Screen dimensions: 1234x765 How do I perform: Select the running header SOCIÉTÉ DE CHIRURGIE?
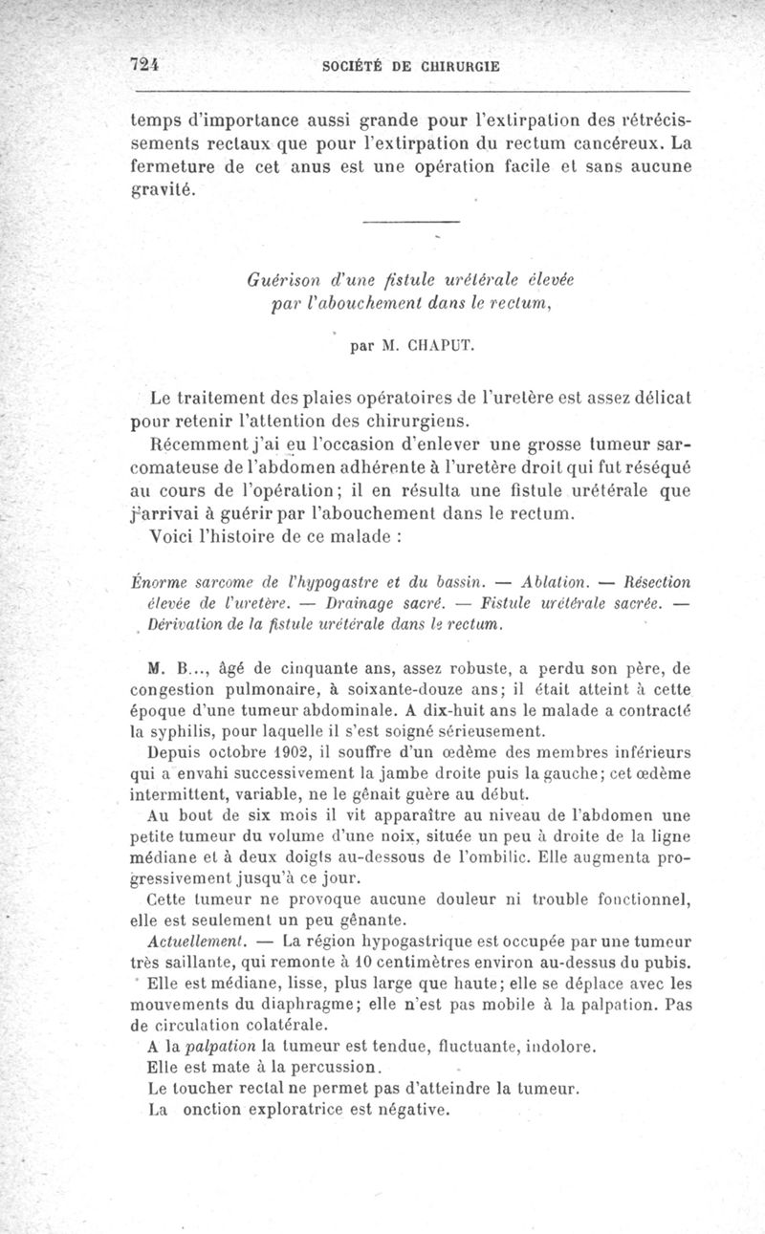click(412, 67)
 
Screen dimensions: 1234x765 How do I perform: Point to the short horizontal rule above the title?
click(412, 223)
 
